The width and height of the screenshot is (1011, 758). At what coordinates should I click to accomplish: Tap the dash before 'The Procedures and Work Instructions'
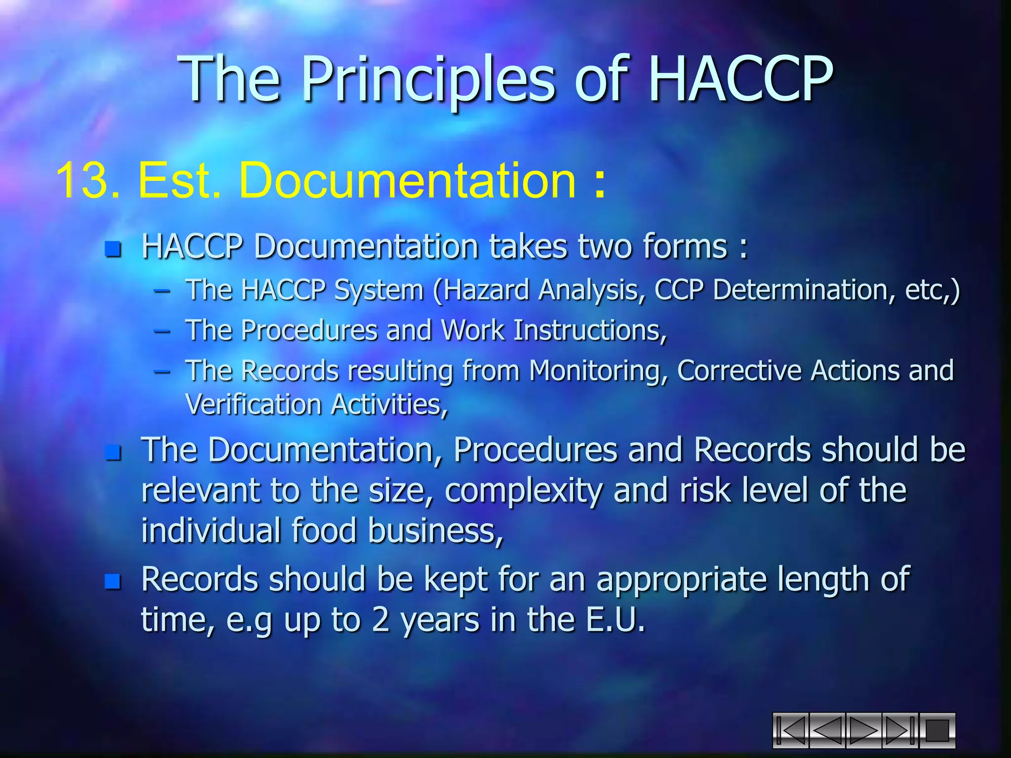[x=162, y=331]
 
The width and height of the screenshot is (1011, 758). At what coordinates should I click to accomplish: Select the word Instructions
[x=590, y=330]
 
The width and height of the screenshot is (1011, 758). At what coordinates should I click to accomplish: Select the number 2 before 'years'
[x=381, y=620]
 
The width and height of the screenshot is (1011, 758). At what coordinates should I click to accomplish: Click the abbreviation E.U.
[x=615, y=620]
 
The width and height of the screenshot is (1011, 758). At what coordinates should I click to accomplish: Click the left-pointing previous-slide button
[x=827, y=730]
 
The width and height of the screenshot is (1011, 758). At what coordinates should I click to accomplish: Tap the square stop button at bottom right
[x=937, y=730]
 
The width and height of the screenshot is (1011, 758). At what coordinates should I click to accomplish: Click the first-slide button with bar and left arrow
[x=791, y=730]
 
